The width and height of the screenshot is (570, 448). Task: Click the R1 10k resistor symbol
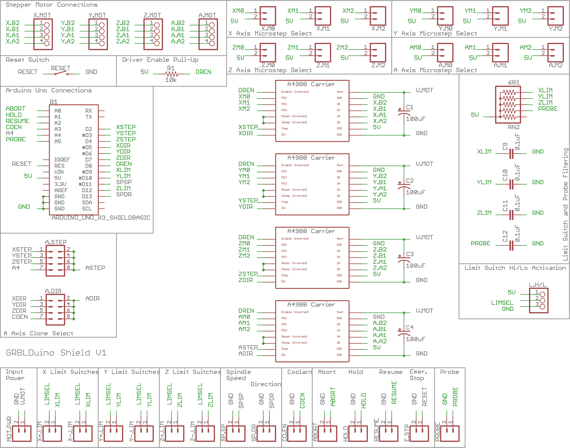(171, 74)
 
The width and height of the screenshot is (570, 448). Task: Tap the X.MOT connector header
(43, 34)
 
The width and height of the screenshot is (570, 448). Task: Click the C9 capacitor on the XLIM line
(511, 153)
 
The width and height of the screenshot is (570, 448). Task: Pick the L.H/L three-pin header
(539, 301)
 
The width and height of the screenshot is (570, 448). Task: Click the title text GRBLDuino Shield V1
(56, 353)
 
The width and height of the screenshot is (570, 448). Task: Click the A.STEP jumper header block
(55, 259)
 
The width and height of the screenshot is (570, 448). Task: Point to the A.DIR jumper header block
(55, 309)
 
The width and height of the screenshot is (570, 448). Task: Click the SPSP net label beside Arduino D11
(124, 182)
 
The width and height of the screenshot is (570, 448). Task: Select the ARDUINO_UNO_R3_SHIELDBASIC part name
(101, 218)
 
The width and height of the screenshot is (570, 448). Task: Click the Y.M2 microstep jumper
(555, 16)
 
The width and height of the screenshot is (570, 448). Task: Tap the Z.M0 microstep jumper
(268, 53)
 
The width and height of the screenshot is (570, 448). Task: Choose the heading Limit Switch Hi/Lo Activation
(515, 268)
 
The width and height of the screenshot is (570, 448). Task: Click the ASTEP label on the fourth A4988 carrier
(248, 347)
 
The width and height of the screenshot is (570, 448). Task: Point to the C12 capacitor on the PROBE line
(511, 245)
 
